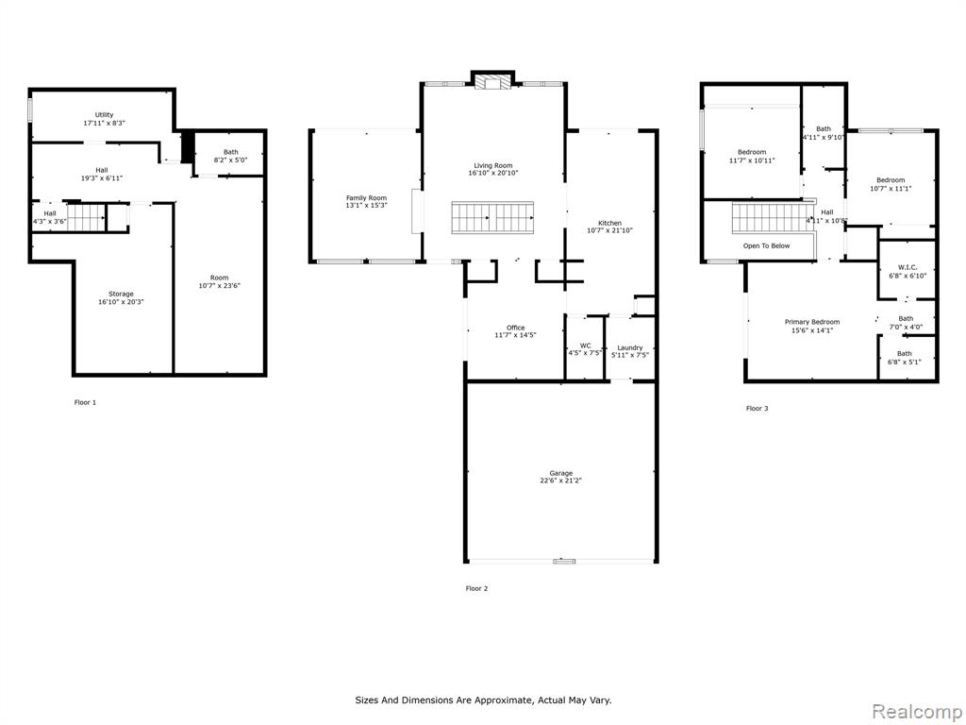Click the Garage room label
coord(560,473)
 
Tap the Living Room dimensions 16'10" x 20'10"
coord(492,174)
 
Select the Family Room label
coord(367,198)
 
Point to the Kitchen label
coord(610,223)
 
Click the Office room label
coord(516,328)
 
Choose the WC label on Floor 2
coord(585,346)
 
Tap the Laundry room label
coord(629,347)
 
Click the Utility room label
coord(104,114)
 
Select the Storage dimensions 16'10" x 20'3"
coord(121,302)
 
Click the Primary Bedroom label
coord(812,322)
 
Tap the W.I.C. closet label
coord(908,267)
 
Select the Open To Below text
coord(766,245)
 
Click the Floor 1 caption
coord(85,402)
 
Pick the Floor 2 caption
coord(476,589)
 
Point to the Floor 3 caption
coord(758,408)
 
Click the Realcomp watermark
coord(916,712)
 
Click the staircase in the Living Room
coord(492,218)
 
